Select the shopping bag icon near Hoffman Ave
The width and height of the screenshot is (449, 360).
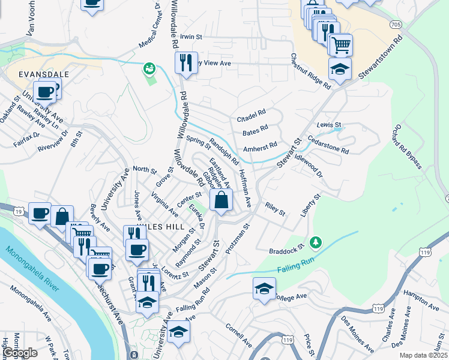click(221, 200)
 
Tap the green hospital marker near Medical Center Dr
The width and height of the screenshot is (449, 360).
click(148, 69)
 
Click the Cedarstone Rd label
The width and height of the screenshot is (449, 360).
click(328, 148)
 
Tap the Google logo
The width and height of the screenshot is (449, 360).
click(20, 353)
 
